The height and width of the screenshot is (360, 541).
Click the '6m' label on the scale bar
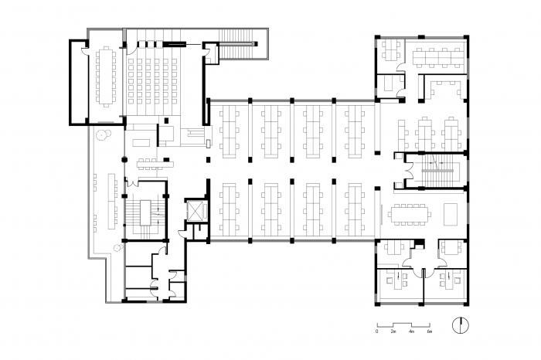[x=429, y=331]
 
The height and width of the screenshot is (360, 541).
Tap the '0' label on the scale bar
[x=376, y=331]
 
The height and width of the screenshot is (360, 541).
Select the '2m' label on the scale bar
[x=394, y=331]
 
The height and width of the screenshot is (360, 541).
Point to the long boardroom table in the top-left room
[x=104, y=77]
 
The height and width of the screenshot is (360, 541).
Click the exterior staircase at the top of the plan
[x=240, y=46]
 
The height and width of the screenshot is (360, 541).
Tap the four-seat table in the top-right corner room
[x=389, y=52]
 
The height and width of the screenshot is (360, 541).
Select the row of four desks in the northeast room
[x=437, y=56]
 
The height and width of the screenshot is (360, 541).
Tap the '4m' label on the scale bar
[x=412, y=331]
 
